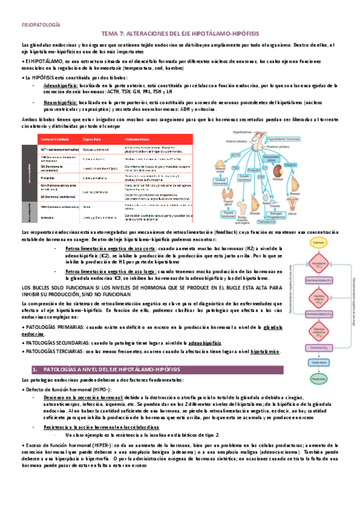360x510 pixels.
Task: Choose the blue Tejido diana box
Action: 319,364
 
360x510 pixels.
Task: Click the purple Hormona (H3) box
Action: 319,348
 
